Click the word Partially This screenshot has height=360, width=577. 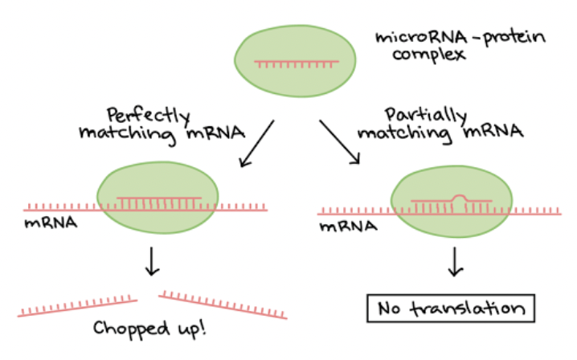point(418,114)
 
